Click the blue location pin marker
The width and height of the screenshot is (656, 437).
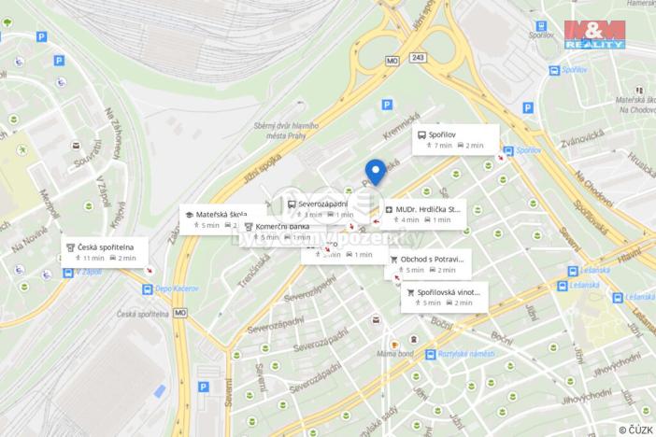[375, 173]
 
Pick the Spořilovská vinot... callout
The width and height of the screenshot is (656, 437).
[444, 297]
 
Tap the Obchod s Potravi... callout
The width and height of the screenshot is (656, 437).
[428, 263]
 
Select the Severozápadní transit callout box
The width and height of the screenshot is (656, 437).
[320, 208]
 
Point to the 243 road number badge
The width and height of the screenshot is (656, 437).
[418, 57]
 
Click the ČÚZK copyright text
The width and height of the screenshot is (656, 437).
[635, 429]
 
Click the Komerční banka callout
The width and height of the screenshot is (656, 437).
[277, 231]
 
